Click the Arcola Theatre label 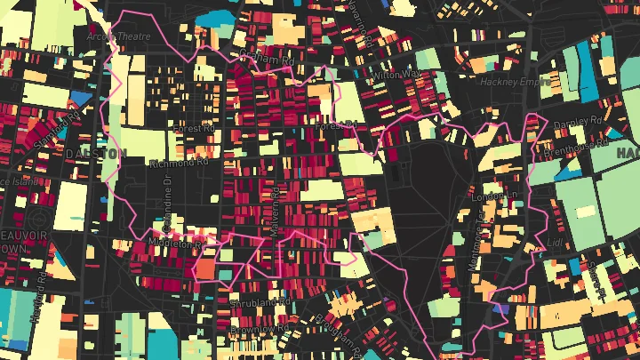(x=118, y=36)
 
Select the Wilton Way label (x=396, y=76)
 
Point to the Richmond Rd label (x=178, y=163)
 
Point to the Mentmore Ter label (x=476, y=237)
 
